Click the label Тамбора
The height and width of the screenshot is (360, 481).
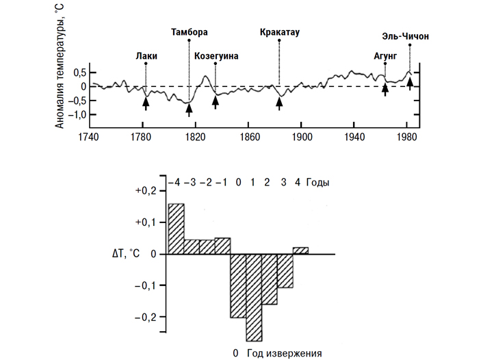coord(190,32)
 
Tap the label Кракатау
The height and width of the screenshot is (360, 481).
coord(281,32)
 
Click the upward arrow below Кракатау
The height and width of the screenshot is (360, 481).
coord(279,102)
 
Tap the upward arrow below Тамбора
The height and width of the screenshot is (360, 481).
coord(190,107)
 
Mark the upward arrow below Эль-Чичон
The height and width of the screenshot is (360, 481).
coord(410,83)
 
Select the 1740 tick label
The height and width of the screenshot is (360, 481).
coord(89,137)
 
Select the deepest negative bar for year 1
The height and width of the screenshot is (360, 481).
coord(254,297)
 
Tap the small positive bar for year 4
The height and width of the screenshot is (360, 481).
coord(301,250)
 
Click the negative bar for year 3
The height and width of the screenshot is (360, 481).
coord(285,270)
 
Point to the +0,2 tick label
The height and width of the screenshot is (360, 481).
coord(146,191)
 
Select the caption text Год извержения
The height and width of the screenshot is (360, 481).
coord(284,353)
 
